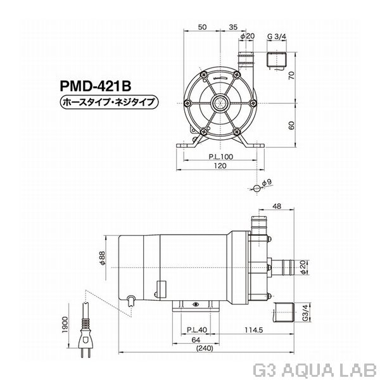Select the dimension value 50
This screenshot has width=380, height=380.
tap(202, 28)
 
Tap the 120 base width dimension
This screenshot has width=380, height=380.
tap(220, 165)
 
